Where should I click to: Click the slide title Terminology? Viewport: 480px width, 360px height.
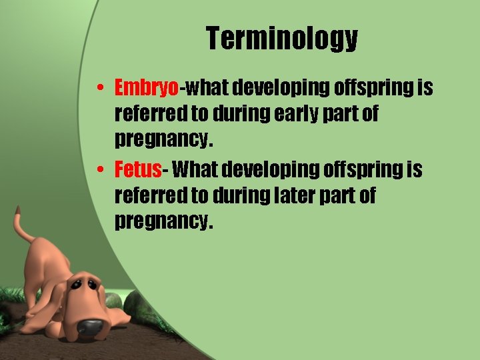pyautogui.click(x=281, y=39)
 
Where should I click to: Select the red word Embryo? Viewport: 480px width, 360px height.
pyautogui.click(x=147, y=88)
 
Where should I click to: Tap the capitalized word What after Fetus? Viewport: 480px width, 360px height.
pyautogui.click(x=194, y=170)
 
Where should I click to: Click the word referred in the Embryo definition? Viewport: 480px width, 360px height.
pyautogui.click(x=151, y=114)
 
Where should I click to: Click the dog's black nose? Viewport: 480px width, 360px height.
pyautogui.click(x=90, y=327)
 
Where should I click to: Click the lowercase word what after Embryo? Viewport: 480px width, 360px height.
pyautogui.click(x=209, y=88)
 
